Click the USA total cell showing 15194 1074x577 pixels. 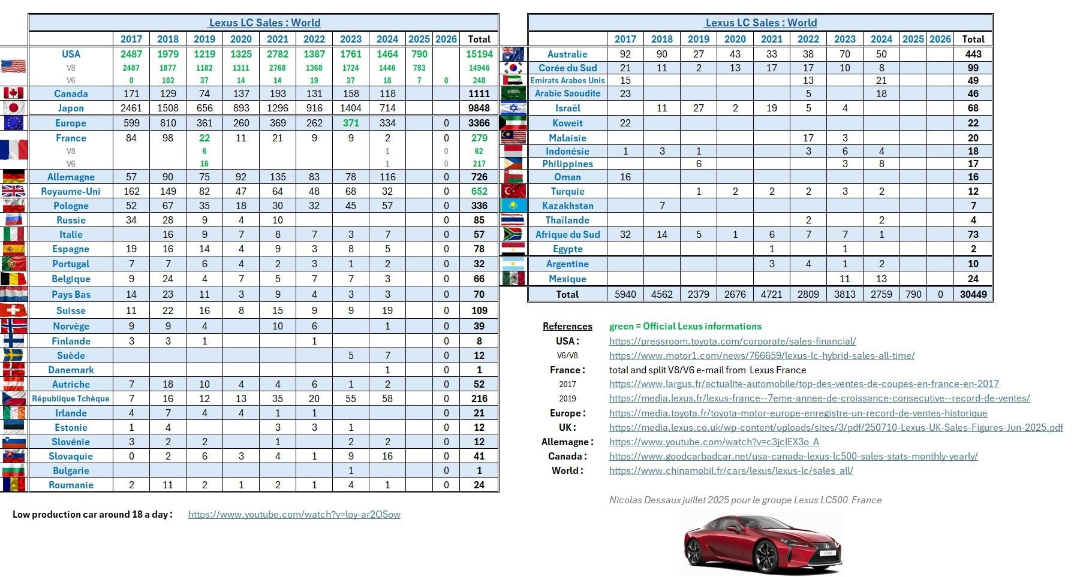click(479, 54)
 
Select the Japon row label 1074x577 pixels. click(71, 108)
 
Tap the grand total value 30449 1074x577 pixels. click(973, 294)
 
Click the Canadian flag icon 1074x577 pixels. click(13, 93)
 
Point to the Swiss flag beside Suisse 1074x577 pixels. click(13, 310)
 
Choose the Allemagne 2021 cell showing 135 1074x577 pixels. click(278, 177)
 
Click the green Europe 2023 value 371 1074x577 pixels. click(351, 123)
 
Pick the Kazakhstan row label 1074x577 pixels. click(567, 206)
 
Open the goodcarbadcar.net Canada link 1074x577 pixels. click(793, 456)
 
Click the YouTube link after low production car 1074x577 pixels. click(294, 514)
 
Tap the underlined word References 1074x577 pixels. click(567, 326)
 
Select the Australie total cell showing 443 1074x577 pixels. click(973, 54)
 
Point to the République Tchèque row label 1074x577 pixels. click(71, 398)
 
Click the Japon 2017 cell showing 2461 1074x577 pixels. click(131, 108)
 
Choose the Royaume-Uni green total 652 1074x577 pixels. click(479, 191)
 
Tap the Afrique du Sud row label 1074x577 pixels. click(567, 234)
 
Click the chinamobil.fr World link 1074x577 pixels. click(730, 470)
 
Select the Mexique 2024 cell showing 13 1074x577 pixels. click(881, 279)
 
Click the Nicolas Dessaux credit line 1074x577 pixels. click(745, 500)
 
